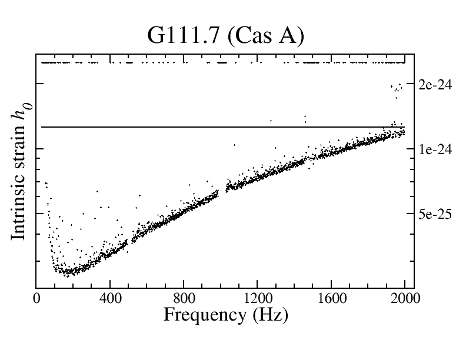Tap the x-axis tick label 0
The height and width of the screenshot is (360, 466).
click(36, 299)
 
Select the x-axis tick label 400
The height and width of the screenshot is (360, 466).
click(110, 299)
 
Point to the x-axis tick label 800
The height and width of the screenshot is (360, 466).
click(184, 299)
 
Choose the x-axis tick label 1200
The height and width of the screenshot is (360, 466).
click(258, 299)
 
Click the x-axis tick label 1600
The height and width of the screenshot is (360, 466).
click(331, 299)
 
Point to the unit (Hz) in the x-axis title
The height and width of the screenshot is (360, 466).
click(269, 315)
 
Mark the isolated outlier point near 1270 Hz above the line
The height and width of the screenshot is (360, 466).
click(271, 121)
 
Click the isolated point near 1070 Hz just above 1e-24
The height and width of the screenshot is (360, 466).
click(234, 144)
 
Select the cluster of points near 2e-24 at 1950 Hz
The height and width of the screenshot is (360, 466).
click(397, 90)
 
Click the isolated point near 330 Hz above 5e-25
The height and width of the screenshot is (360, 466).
click(97, 191)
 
